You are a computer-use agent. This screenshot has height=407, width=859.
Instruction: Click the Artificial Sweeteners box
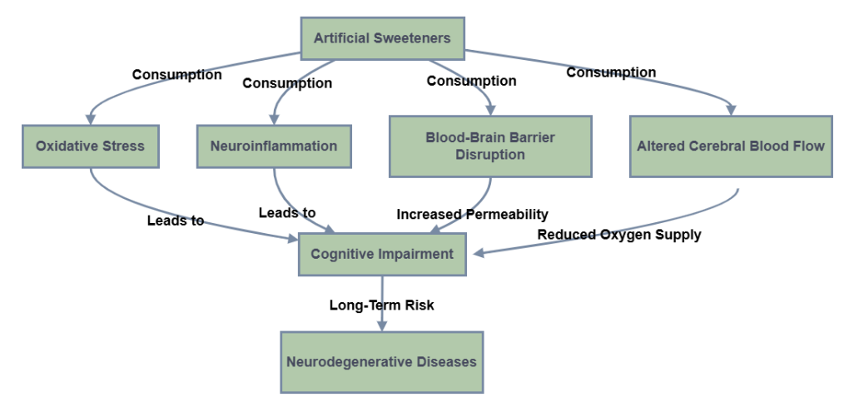382,38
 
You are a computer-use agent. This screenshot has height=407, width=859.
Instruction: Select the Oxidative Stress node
90,146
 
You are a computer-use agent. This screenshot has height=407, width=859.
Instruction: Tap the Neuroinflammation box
274,146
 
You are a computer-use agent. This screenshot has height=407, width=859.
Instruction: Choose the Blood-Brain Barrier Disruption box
490,146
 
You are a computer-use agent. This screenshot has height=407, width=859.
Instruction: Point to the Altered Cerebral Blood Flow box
731,146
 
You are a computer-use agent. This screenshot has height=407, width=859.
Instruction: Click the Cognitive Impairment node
382,254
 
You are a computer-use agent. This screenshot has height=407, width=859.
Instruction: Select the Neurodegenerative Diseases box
381,362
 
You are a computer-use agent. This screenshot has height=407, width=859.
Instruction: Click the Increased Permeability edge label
472,215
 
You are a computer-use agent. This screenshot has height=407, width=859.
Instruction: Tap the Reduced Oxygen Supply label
618,235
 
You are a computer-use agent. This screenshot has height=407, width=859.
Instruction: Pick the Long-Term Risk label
381,305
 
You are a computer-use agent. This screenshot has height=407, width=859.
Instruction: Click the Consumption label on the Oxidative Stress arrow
176,75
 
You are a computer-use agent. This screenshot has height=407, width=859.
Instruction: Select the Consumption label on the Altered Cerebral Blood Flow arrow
611,72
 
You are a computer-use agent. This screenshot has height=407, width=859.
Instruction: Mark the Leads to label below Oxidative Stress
176,221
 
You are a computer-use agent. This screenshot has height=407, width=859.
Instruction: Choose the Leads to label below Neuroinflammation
287,213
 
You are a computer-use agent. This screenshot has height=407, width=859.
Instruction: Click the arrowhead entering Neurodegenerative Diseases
382,326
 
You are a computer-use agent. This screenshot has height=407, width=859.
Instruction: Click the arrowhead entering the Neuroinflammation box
275,120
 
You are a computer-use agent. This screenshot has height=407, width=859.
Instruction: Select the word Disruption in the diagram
490,154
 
